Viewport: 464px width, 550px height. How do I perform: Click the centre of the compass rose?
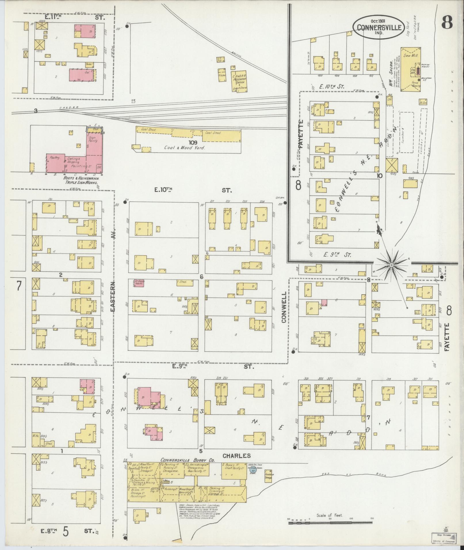[391, 264]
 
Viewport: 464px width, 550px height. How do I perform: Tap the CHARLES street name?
[237, 455]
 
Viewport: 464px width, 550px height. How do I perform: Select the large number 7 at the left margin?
[19, 286]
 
